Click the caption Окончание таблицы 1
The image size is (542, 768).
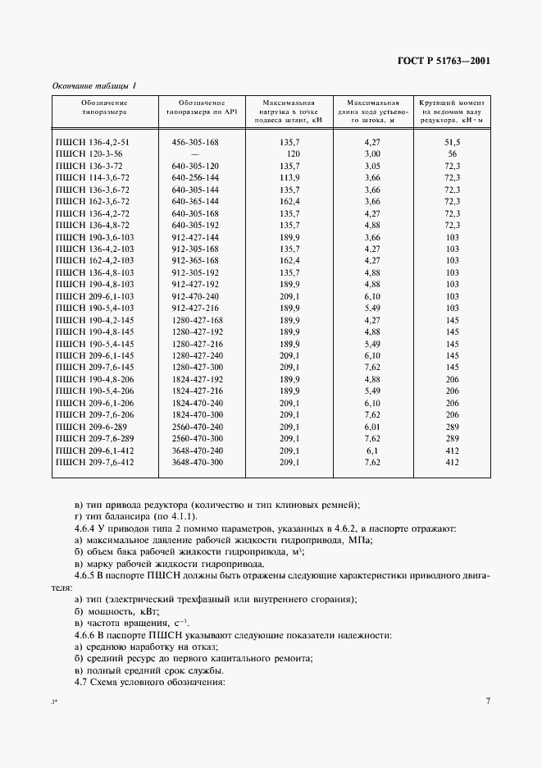tap(94, 86)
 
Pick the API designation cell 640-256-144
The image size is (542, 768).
tap(195, 176)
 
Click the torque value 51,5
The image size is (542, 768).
tap(451, 142)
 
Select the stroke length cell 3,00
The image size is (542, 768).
tap(372, 153)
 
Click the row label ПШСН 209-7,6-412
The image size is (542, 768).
tap(94, 463)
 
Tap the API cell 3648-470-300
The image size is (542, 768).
tap(198, 463)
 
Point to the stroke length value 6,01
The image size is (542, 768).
tap(372, 427)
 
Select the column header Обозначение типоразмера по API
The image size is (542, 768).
tap(195, 107)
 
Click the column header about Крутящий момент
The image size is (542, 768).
tap(451, 111)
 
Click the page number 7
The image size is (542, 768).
tap(487, 701)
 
